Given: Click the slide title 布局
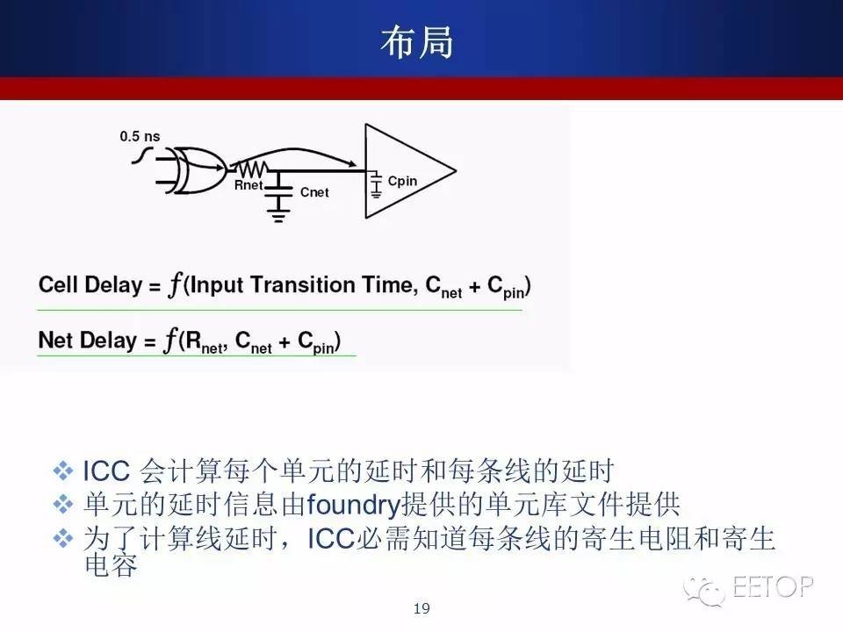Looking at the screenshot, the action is point(417,42).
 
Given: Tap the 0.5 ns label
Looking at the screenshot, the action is point(140,137).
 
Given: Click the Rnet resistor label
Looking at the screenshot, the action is point(249,185).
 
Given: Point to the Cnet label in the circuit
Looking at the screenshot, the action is point(314,192).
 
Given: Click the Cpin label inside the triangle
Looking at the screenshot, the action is point(402,181).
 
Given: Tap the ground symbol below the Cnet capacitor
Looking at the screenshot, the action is point(278,216).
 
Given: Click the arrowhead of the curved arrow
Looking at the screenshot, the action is point(351,163).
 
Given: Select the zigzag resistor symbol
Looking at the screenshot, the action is point(251,169).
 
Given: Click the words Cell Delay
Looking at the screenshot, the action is point(90,284).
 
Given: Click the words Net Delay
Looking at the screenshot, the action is point(88,341).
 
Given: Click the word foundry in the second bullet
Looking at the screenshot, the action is point(354,505).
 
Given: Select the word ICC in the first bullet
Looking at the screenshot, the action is point(106,470).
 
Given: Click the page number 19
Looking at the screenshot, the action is point(421,608).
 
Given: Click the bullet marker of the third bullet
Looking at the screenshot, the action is point(63,538).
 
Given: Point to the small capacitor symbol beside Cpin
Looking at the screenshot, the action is point(376,184).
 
